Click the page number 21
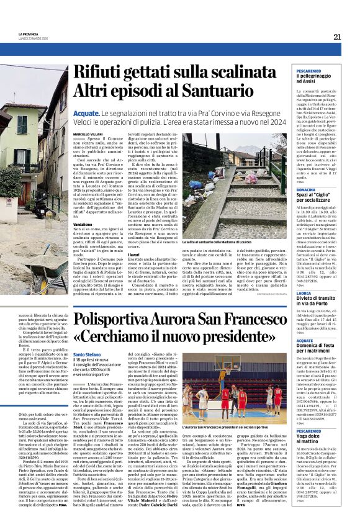pyautogui.click(x=336, y=37)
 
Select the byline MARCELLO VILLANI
pyautogui.click(x=88, y=133)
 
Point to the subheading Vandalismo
pyautogui.click(x=83, y=223)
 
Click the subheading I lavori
pyautogui.click(x=151, y=236)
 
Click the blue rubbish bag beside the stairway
pyautogui.click(x=200, y=184)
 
